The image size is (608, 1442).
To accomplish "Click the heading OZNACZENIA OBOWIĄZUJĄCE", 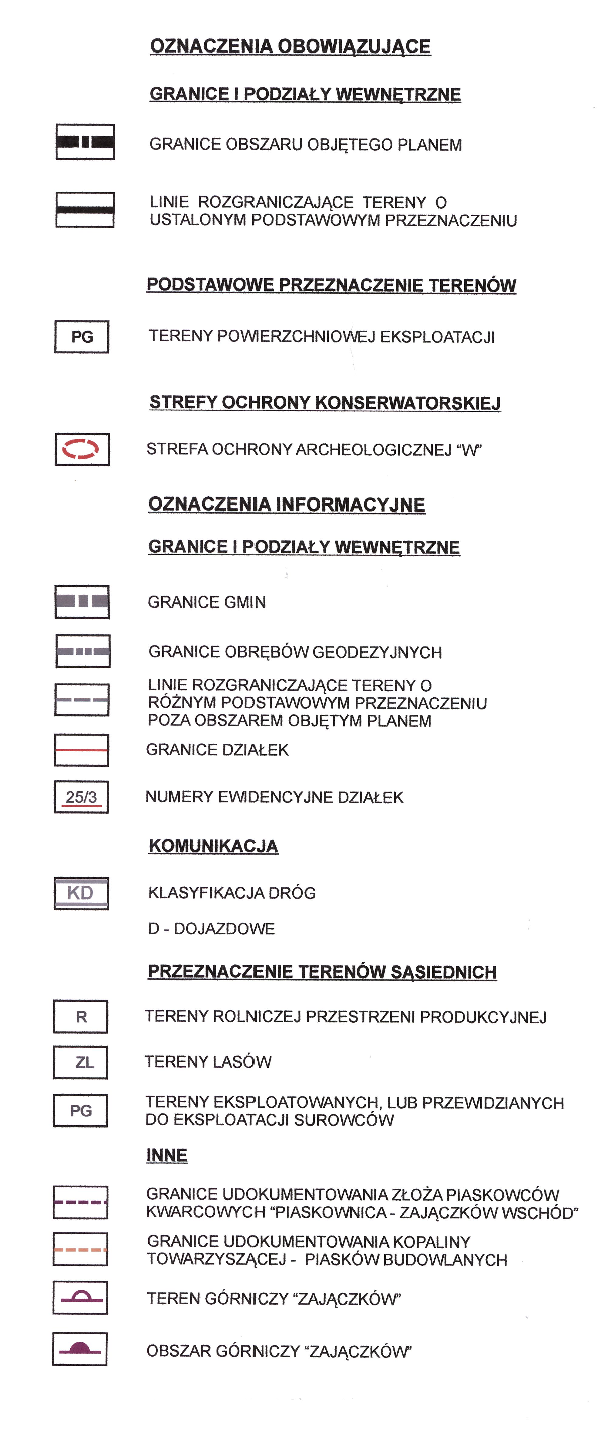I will pos(290,46).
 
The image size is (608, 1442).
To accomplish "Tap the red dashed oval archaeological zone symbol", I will pos(82,449).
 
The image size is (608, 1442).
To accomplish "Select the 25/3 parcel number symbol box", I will pos(81,797).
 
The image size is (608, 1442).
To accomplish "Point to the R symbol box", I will pos(81,1017).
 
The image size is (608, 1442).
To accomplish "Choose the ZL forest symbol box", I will pos(81,1063).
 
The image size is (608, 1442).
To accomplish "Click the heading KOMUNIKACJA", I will pos(213,846).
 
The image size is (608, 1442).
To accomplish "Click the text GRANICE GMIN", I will pos(207,602).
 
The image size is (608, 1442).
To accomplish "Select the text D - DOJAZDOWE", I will pos(211,929).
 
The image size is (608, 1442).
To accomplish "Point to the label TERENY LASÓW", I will pos(208,1062).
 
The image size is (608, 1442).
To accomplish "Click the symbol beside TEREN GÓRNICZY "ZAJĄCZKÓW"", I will pos(80,1298).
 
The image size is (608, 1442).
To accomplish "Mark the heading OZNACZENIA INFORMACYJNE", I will pos(286,505).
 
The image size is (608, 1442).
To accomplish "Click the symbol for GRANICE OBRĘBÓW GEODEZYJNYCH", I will pos(83,651).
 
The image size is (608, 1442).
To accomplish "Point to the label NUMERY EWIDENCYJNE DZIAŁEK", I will pos(274,797).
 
